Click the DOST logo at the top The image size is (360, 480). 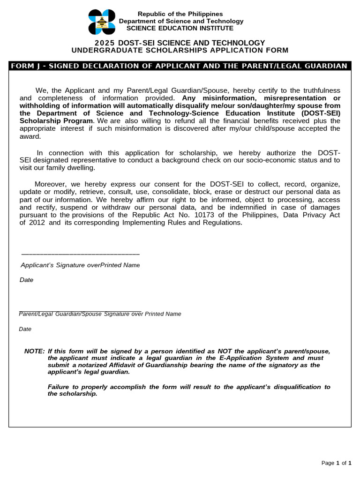click(102, 22)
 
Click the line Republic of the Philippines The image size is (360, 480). click(180, 14)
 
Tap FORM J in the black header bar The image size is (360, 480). click(25, 66)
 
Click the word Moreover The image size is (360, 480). click(51, 184)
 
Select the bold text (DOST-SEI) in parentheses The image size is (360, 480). click(321, 113)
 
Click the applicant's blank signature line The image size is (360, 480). click(80, 254)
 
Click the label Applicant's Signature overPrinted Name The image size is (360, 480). click(80, 265)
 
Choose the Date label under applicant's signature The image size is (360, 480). click(26, 280)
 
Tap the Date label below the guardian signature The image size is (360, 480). click(25, 329)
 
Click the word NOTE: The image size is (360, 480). click(34, 351)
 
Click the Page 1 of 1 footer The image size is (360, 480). click(336, 463)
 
